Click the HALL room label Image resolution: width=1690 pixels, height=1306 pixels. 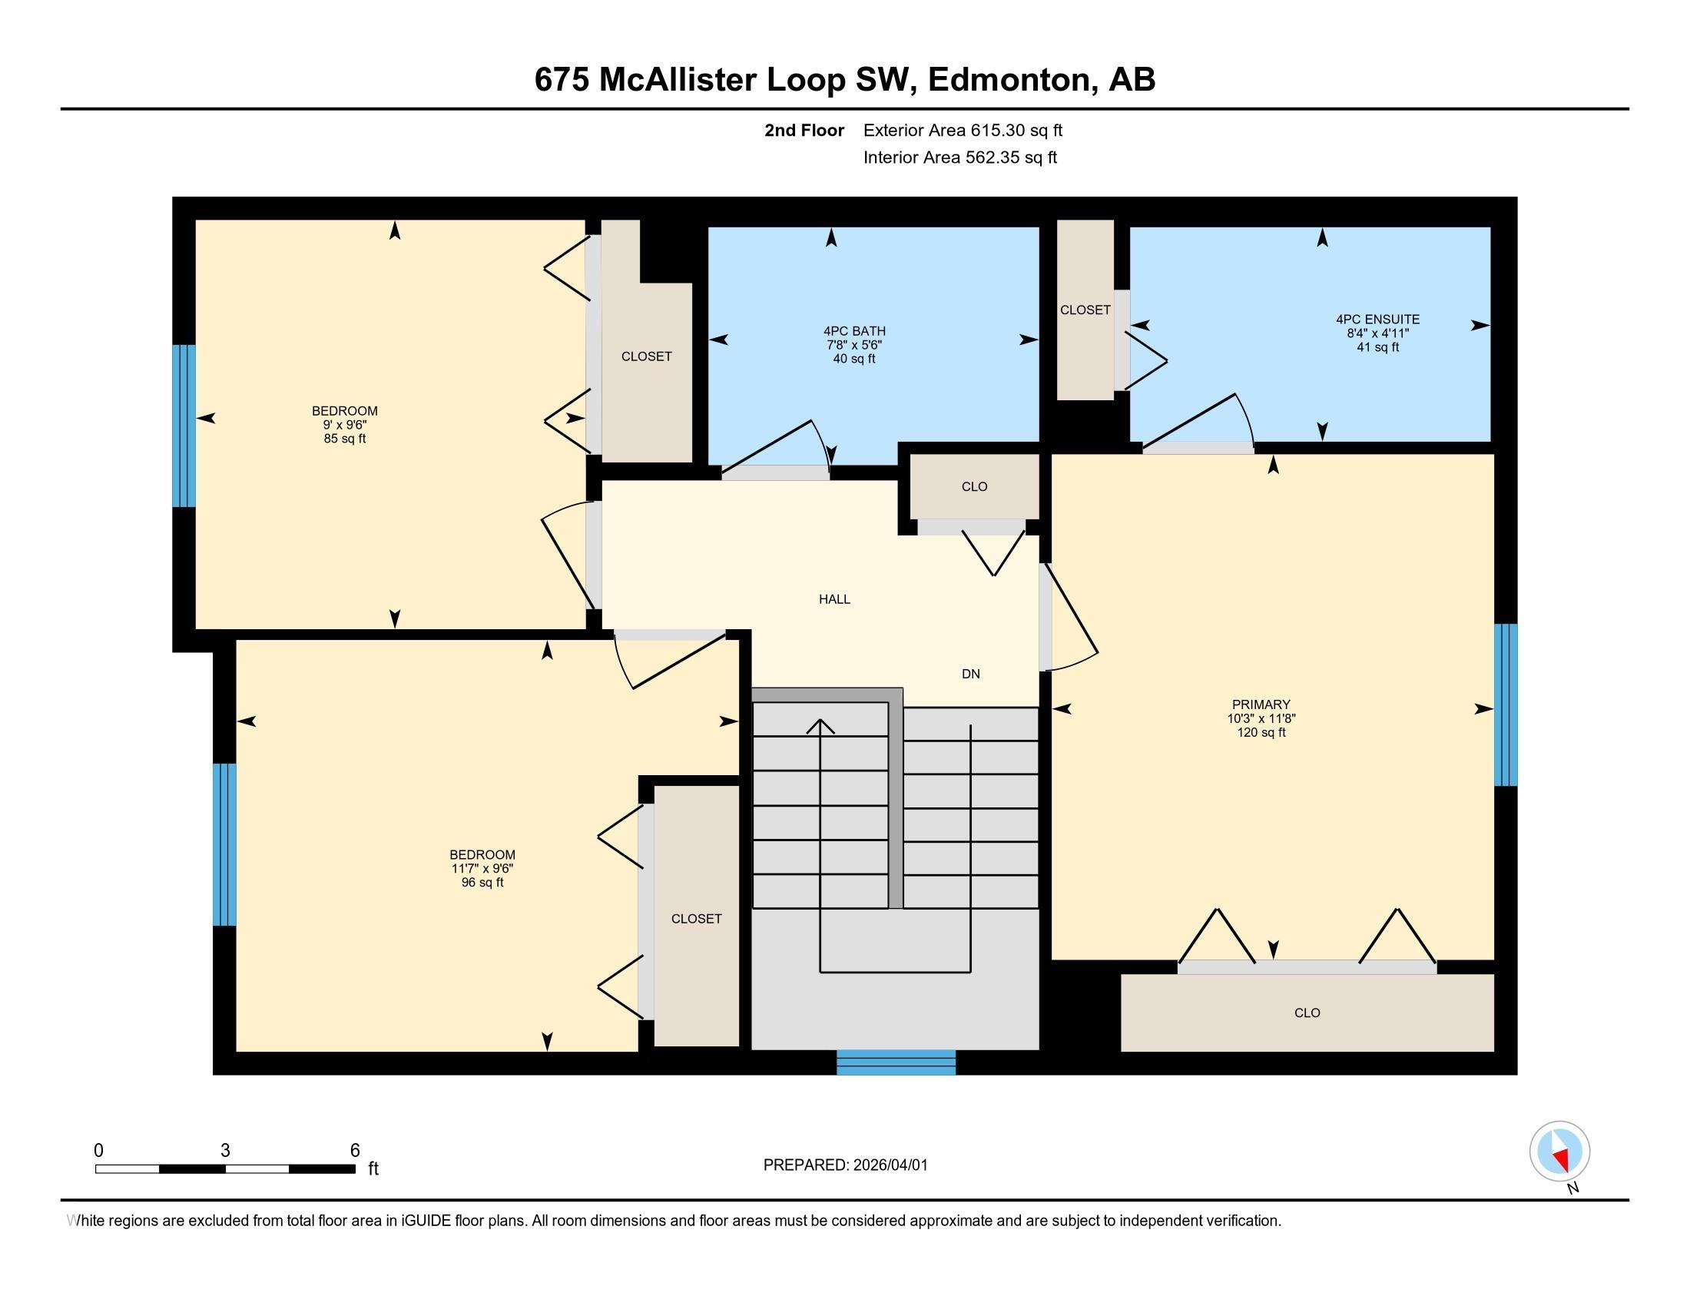pyautogui.click(x=834, y=599)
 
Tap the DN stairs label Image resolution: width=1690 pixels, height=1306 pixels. pyautogui.click(x=970, y=674)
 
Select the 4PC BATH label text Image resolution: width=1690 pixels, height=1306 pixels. pyautogui.click(x=854, y=331)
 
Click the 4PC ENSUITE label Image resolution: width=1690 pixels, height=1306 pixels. pyautogui.click(x=1377, y=319)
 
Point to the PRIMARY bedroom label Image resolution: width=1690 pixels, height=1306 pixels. pyautogui.click(x=1261, y=704)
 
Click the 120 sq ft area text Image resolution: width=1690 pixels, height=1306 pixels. pyautogui.click(x=1261, y=732)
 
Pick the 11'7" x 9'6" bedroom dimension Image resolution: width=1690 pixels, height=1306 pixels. pyautogui.click(x=482, y=868)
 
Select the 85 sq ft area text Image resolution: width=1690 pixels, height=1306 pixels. pyautogui.click(x=344, y=439)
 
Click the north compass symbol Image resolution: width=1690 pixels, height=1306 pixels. pyautogui.click(x=1559, y=1152)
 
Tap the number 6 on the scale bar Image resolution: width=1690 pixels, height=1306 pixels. pyautogui.click(x=354, y=1151)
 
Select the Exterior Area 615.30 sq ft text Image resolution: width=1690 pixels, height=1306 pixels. pyautogui.click(x=963, y=130)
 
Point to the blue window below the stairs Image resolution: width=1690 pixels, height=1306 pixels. pyautogui.click(x=895, y=1062)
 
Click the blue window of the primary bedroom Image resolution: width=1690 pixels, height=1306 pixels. pyautogui.click(x=1505, y=704)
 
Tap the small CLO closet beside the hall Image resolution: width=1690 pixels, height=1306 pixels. pyautogui.click(x=974, y=486)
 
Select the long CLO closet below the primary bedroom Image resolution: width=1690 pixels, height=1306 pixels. pyautogui.click(x=1307, y=1013)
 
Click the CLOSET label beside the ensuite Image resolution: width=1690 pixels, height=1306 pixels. pyautogui.click(x=1085, y=310)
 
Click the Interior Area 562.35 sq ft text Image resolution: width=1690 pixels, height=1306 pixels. pyautogui.click(x=959, y=157)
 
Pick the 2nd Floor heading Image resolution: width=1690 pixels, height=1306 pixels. pyautogui.click(x=804, y=130)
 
